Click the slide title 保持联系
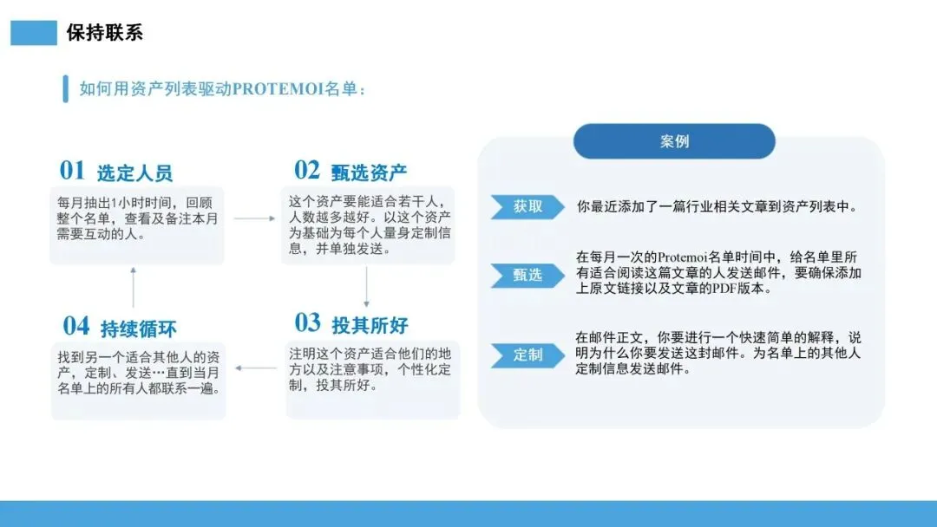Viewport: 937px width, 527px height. coord(104,33)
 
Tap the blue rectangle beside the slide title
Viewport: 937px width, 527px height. coord(33,33)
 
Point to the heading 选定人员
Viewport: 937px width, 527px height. coord(134,172)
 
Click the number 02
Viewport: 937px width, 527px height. coord(307,169)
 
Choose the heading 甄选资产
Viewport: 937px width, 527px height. coord(369,172)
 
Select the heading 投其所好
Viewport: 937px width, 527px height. coord(370,326)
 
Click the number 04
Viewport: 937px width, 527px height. coord(75,326)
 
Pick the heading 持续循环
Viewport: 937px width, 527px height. coord(139,329)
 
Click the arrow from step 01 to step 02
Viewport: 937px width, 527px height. coord(253,218)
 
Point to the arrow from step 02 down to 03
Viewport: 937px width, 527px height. coord(366,287)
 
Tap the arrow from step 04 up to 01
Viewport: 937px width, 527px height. coord(133,287)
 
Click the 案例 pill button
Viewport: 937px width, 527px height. coord(674,141)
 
